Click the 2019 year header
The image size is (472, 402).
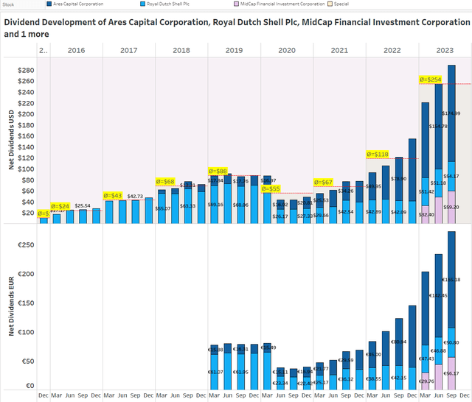pyautogui.click(x=234, y=50)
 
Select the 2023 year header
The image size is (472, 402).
pyautogui.click(x=444, y=50)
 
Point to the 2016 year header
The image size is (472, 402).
pyautogui.click(x=76, y=50)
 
